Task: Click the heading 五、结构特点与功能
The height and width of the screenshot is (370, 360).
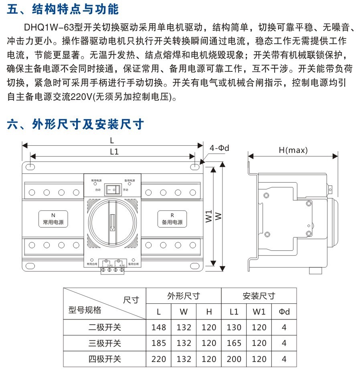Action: click(x=63, y=9)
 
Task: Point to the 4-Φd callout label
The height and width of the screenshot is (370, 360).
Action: click(x=219, y=148)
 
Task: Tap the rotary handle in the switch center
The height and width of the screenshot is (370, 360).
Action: click(x=113, y=218)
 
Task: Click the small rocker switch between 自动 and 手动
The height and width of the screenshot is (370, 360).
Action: click(x=113, y=189)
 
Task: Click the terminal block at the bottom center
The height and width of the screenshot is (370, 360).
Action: click(x=112, y=269)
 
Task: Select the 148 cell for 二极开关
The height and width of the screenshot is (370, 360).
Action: click(x=158, y=327)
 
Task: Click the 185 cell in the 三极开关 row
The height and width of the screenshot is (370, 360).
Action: click(x=158, y=343)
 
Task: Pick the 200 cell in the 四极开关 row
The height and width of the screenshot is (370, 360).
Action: click(x=234, y=359)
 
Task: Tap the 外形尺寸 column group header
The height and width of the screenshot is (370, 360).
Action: click(x=183, y=296)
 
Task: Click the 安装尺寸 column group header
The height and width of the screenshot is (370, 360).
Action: click(x=259, y=296)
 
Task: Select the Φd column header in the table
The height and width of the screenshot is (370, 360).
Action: click(x=284, y=312)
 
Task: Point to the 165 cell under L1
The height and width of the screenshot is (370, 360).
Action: click(x=234, y=343)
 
